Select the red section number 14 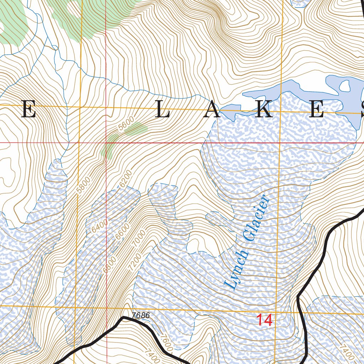[264, 320]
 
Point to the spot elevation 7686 [140, 315]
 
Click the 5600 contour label [127, 124]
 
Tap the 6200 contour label [125, 179]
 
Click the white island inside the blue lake [345, 86]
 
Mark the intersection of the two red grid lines [106, 143]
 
